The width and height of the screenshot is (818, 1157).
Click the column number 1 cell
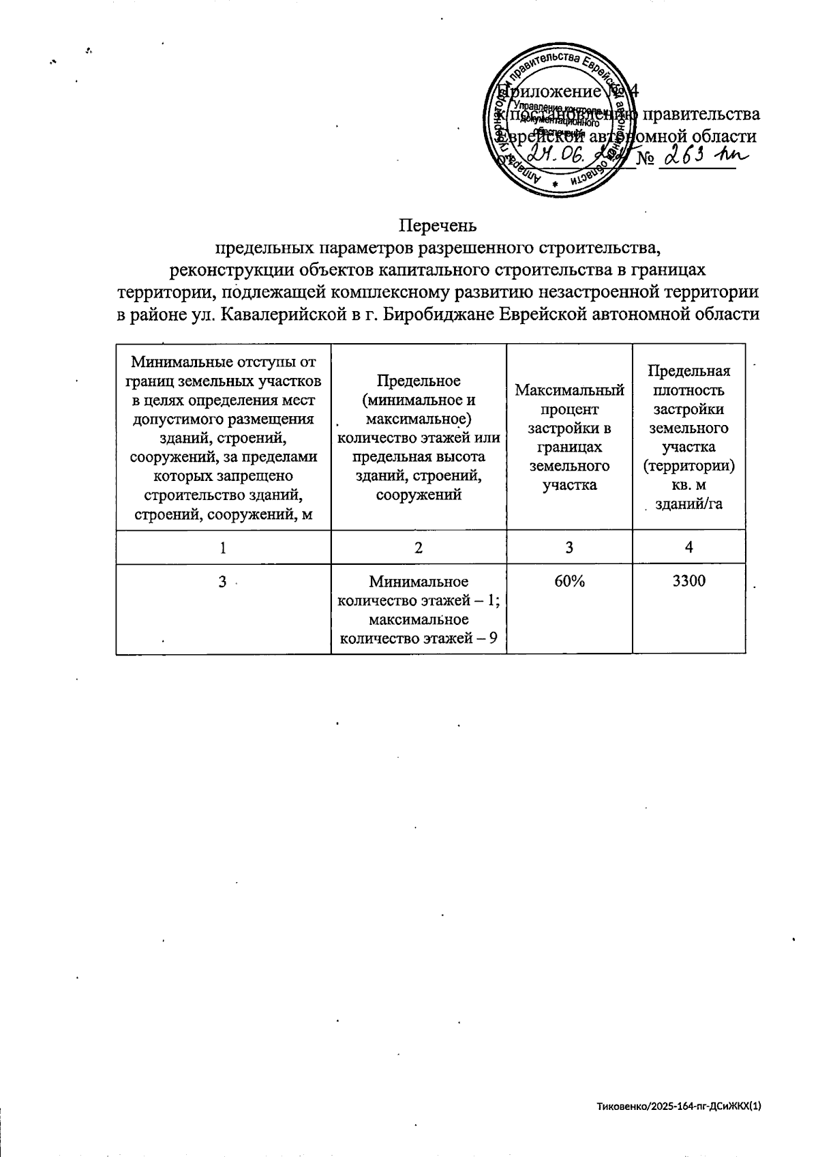tap(223, 546)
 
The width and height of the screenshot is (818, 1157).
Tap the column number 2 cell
tap(419, 546)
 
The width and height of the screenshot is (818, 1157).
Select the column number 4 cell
tap(689, 546)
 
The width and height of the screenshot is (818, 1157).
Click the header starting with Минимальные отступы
tap(223, 437)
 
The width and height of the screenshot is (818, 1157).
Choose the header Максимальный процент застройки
tap(569, 437)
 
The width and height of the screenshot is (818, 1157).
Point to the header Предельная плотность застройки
tap(689, 437)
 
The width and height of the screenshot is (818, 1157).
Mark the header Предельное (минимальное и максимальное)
tap(419, 437)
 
